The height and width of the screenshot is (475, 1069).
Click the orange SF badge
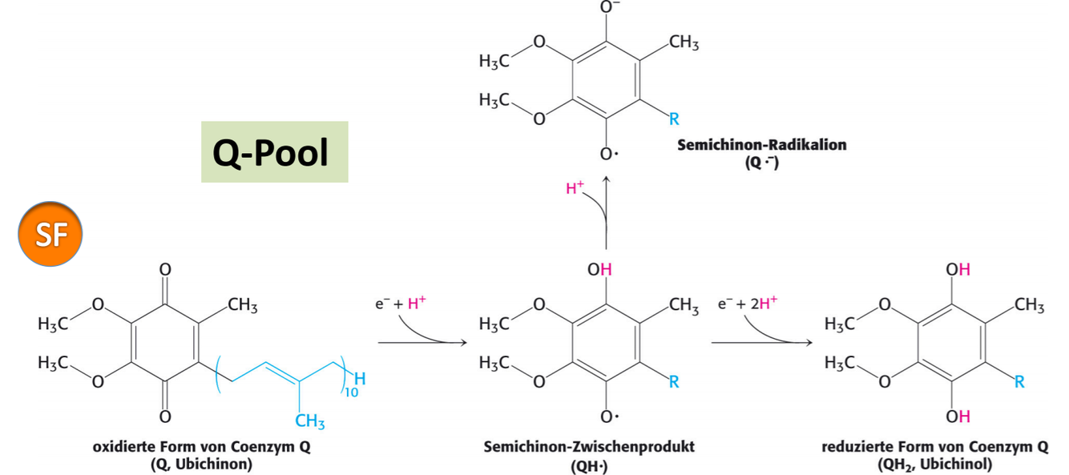pos(50,234)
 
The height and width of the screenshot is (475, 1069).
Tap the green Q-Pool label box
pos(274,152)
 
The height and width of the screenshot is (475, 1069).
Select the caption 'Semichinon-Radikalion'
pos(761,145)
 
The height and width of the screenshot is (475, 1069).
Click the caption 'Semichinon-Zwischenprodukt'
pos(589,447)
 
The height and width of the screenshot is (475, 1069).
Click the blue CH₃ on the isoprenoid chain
pos(310,420)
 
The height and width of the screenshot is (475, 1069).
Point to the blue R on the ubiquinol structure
pos(1019,382)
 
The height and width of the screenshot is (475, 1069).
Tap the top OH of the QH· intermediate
pos(599,270)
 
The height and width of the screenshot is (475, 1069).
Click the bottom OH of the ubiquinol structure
pos(958,416)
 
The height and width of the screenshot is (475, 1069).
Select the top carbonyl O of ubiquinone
pos(165,271)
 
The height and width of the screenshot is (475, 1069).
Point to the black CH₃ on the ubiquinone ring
pos(241,304)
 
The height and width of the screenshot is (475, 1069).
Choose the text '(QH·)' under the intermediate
pos(589,464)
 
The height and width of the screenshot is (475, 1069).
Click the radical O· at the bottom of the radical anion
pos(609,154)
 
